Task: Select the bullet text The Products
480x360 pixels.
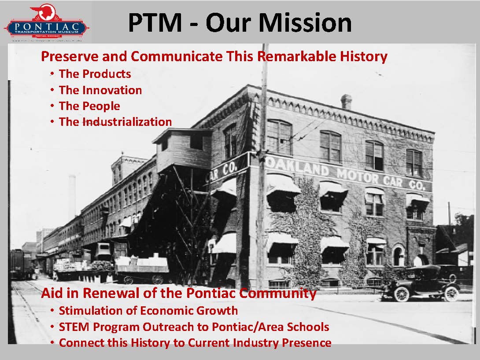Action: [x=95, y=74]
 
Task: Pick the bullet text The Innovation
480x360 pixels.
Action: [x=100, y=90]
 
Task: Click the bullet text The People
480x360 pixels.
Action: [x=89, y=106]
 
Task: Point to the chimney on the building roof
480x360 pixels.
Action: [x=347, y=102]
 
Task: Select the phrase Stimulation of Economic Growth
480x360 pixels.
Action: [x=148, y=311]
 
